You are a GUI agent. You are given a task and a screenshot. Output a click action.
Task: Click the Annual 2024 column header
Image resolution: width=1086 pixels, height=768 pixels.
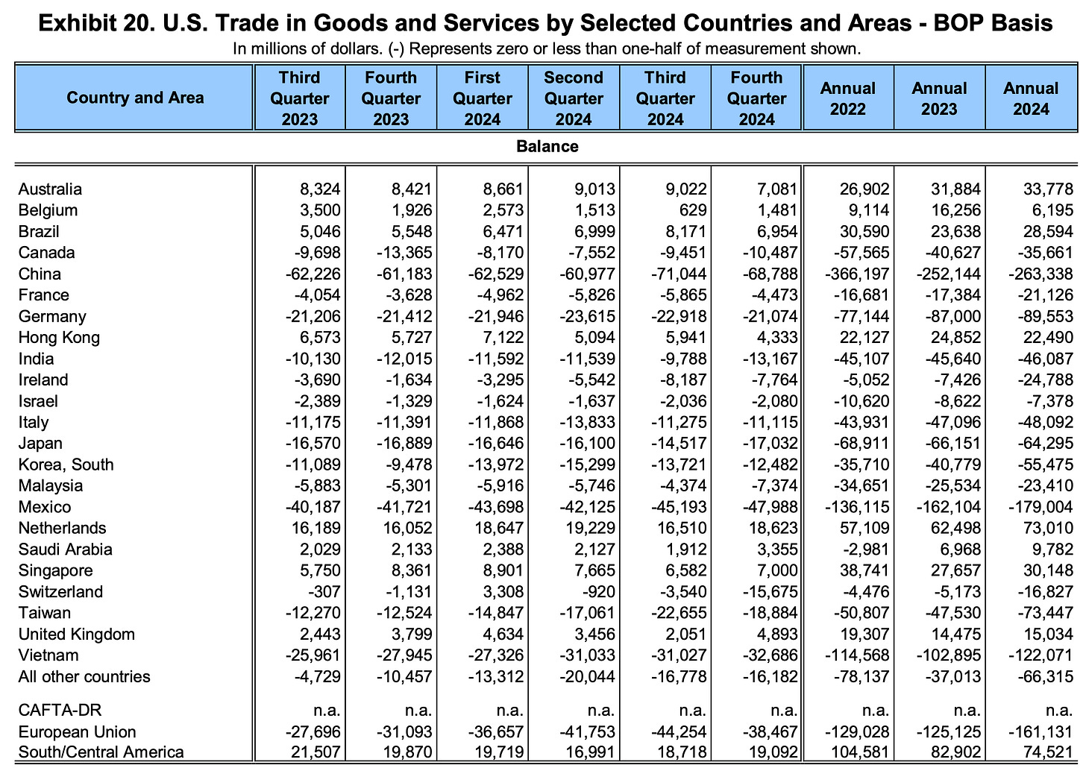coord(1031,98)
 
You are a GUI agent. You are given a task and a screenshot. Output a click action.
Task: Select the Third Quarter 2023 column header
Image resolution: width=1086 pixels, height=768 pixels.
coord(299,98)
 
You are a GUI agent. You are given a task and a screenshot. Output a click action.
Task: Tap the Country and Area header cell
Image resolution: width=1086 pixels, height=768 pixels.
coord(135,98)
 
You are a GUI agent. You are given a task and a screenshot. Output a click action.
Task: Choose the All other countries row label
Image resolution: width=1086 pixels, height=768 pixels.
coord(84,677)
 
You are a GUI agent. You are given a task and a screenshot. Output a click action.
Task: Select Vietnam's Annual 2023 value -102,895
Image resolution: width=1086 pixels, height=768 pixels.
coord(949,655)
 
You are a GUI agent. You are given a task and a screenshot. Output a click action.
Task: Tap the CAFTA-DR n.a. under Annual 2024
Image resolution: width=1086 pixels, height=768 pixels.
coord(1059,710)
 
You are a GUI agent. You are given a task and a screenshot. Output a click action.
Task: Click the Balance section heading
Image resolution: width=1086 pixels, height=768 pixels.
coord(547,146)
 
